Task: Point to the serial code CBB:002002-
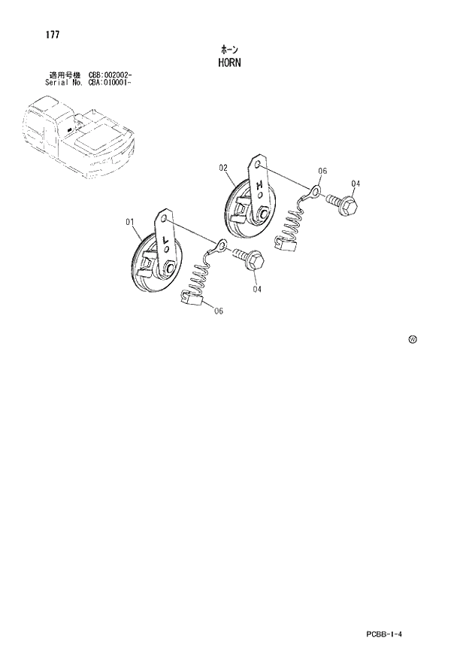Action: pos(110,75)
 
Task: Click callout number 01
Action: pos(129,222)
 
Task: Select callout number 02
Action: pos(223,169)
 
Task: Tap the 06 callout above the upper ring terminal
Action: pos(322,172)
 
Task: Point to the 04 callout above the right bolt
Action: pos(356,184)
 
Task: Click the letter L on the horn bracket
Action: pos(165,241)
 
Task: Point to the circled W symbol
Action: pos(413,340)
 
